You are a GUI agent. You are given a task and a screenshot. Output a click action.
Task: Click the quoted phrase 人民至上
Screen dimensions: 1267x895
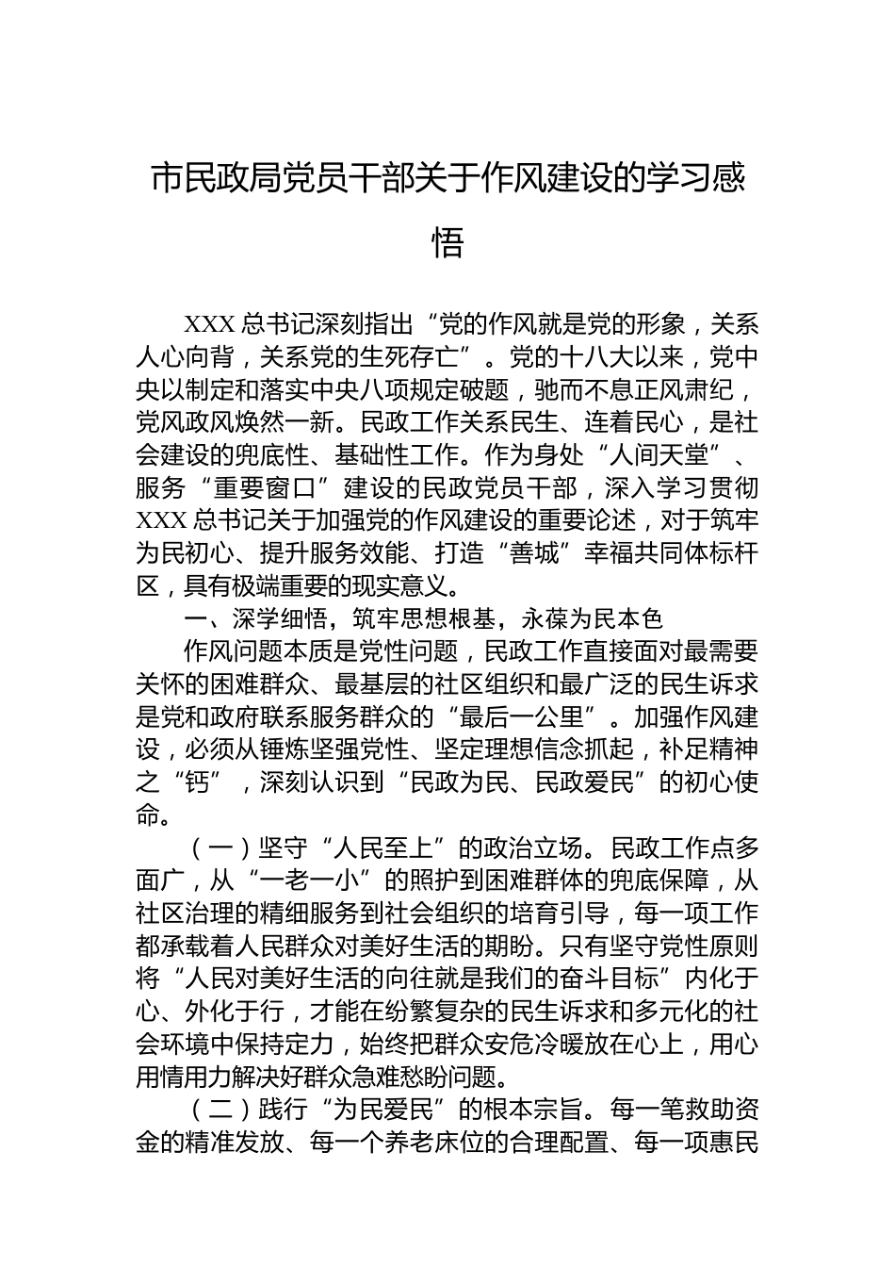pos(389,847)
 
